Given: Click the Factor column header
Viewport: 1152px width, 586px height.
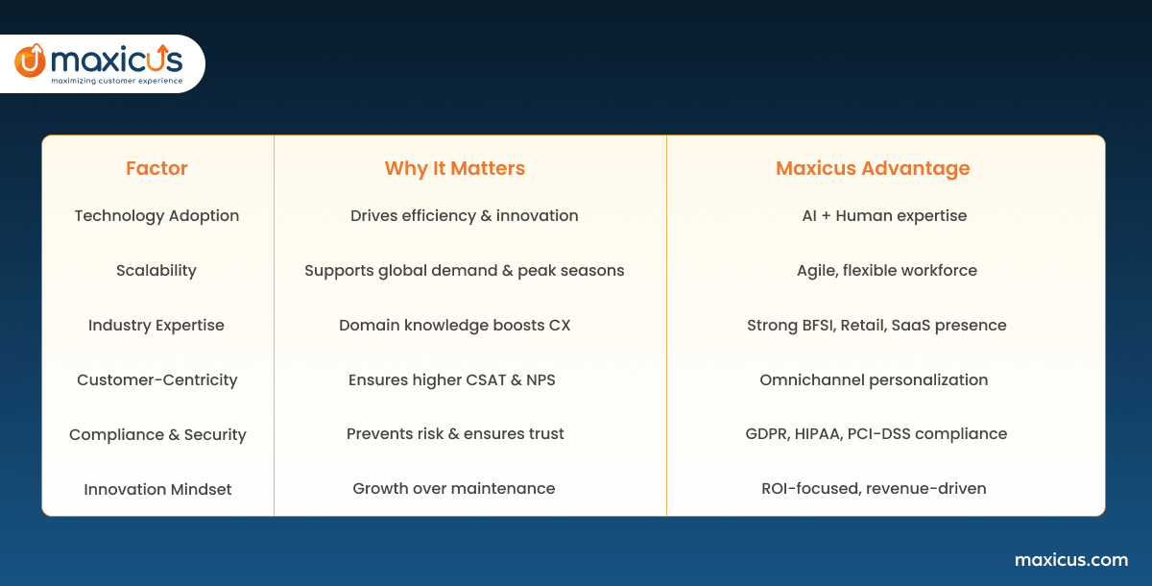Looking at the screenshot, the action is (x=156, y=168).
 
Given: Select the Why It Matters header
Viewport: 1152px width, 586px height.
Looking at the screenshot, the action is (x=455, y=169).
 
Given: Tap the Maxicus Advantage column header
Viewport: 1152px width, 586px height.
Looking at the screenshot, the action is (x=873, y=169).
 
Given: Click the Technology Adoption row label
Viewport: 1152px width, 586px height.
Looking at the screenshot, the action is (x=156, y=216).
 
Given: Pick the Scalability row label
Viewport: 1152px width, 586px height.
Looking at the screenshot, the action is (x=156, y=271).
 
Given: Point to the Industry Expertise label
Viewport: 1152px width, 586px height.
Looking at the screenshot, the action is (x=156, y=326).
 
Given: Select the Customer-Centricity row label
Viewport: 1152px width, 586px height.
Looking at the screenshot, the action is (x=157, y=380).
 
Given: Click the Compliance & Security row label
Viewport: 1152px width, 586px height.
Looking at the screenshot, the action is (x=157, y=435).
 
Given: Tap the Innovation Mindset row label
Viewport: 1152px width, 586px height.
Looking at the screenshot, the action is (x=157, y=489).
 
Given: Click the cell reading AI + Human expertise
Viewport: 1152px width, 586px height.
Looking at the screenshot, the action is (x=884, y=216).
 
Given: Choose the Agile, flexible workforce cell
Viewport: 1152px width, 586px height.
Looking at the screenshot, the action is (x=887, y=271).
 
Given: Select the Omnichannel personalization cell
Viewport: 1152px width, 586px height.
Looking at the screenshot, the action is (x=874, y=380).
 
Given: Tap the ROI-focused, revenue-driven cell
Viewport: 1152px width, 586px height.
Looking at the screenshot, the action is (x=874, y=488).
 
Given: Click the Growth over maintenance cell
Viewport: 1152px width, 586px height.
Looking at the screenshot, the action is (x=454, y=488).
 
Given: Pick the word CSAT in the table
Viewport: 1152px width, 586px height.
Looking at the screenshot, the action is (x=486, y=380).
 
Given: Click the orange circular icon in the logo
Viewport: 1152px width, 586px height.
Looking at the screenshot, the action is (x=31, y=61).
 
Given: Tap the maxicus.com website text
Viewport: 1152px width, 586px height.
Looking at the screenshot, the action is (x=1071, y=560).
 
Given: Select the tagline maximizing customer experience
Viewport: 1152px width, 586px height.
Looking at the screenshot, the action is (x=117, y=81).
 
